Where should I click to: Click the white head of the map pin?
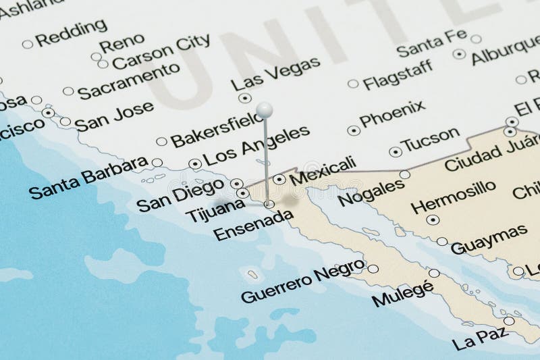tap(265, 110)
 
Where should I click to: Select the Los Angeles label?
tap(256, 145)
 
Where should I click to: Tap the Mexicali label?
tap(323, 171)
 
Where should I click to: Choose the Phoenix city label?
tap(392, 113)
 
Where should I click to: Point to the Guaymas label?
tap(489, 239)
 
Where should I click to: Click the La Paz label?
tap(481, 338)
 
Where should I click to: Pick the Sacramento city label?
tap(128, 81)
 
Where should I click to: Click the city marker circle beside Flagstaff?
tap(353, 84)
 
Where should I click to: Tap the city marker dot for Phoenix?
tap(353, 130)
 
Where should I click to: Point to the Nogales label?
tap(371, 192)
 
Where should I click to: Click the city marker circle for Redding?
tap(27, 44)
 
